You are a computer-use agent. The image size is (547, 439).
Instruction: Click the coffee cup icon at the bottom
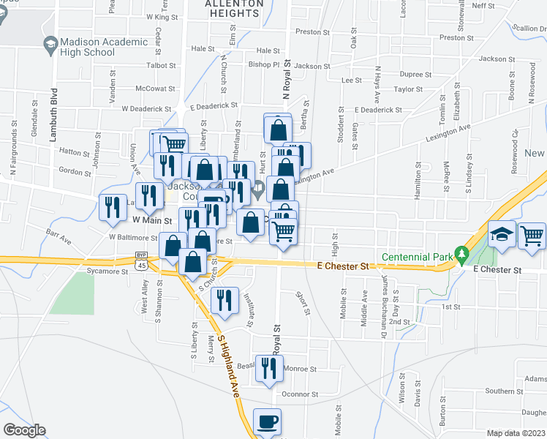[267, 421]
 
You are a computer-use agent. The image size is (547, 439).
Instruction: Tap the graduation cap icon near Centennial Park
[502, 235]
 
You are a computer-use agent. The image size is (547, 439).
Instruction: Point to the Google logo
[24, 430]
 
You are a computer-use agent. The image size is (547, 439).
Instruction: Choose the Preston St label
[308, 32]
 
